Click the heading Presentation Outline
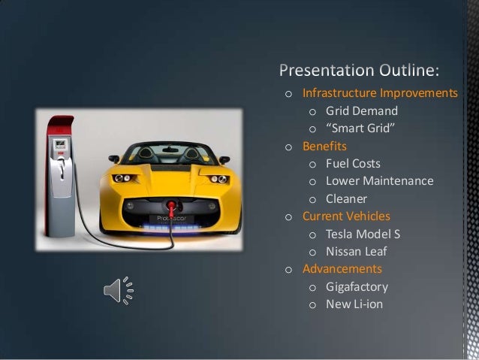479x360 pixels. (x=360, y=71)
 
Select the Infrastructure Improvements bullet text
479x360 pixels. (x=380, y=93)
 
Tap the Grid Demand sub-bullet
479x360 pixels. (x=362, y=111)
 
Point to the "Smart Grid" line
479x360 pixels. (x=358, y=129)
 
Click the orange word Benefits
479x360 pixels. (x=324, y=146)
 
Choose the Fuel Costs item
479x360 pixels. (x=353, y=163)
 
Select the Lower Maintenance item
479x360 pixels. (x=379, y=181)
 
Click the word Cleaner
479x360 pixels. (x=346, y=199)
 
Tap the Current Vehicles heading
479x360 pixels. (x=346, y=216)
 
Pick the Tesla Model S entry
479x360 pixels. (x=363, y=234)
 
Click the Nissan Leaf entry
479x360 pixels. (x=356, y=252)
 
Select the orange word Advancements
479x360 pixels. (x=342, y=269)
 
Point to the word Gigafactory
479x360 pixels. (x=356, y=286)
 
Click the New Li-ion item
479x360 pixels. (x=354, y=304)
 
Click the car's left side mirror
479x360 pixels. (x=114, y=159)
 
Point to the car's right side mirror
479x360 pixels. (x=224, y=159)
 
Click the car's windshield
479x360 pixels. (x=169, y=153)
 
